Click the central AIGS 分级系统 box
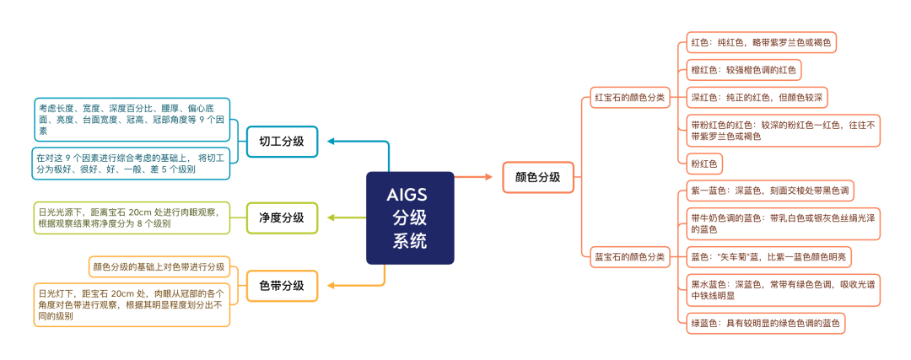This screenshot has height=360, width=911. [410, 218]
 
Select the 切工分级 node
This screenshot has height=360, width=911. [282, 142]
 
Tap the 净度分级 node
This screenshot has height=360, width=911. [282, 218]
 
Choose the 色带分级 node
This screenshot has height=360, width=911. [282, 286]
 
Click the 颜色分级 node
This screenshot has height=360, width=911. [538, 177]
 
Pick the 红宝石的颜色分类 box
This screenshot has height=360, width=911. [629, 98]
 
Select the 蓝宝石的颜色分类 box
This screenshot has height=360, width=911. [629, 256]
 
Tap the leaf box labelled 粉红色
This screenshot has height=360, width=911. [703, 164]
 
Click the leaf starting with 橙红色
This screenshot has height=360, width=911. [744, 70]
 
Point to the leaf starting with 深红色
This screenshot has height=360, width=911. [756, 98]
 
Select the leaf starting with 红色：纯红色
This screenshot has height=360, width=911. [761, 42]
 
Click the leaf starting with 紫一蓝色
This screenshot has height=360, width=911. [770, 191]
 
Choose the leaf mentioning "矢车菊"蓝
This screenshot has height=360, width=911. [769, 256]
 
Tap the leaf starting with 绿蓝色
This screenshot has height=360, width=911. [765, 324]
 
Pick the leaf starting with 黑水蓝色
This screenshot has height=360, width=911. [783, 290]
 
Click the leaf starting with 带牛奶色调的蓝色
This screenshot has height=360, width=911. [783, 223]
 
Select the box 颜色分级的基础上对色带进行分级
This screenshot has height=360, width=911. [159, 267]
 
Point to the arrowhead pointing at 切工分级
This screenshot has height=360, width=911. [331, 141]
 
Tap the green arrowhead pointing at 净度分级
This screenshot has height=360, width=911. [331, 218]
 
